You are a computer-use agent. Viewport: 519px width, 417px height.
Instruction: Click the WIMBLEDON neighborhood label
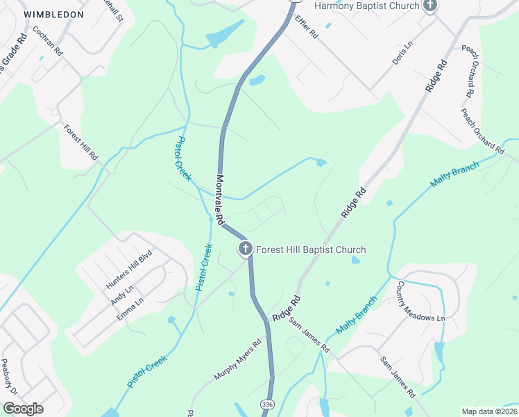pyautogui.click(x=53, y=14)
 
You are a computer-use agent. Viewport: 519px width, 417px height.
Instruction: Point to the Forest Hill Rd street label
pyautogui.click(x=80, y=143)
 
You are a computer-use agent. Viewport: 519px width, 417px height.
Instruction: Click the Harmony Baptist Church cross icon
pyautogui.click(x=430, y=6)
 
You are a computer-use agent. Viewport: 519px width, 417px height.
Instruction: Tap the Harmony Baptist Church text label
pyautogui.click(x=367, y=6)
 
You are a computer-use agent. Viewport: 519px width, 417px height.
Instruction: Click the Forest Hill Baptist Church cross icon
pyautogui.click(x=245, y=249)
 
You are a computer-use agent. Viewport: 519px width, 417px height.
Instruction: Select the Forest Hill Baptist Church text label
pyautogui.click(x=311, y=250)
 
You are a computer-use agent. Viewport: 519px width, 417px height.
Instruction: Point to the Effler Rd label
pyautogui.click(x=305, y=27)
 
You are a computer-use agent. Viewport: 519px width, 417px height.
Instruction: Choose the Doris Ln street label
pyautogui.click(x=402, y=53)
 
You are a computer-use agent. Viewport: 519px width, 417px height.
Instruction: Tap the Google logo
pyautogui.click(x=23, y=409)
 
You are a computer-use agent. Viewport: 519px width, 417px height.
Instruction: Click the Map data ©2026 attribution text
pyautogui.click(x=489, y=411)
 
